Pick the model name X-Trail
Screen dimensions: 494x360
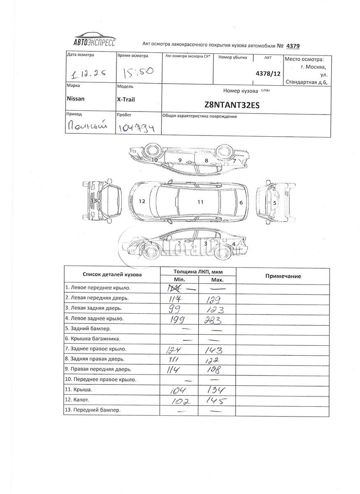coord(126,99)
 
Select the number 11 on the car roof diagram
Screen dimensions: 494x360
coord(200,202)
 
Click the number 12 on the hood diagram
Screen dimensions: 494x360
coord(142,201)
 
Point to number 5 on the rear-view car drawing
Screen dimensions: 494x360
coord(274,203)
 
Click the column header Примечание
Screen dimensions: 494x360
coord(282,276)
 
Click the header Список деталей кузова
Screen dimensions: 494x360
coord(112,274)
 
